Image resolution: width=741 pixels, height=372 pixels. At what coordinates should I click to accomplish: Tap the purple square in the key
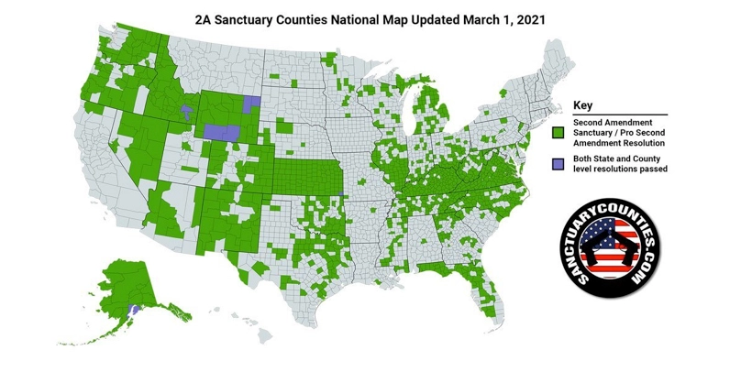tap(557, 164)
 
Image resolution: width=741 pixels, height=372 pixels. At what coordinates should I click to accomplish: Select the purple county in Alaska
tap(133, 311)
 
